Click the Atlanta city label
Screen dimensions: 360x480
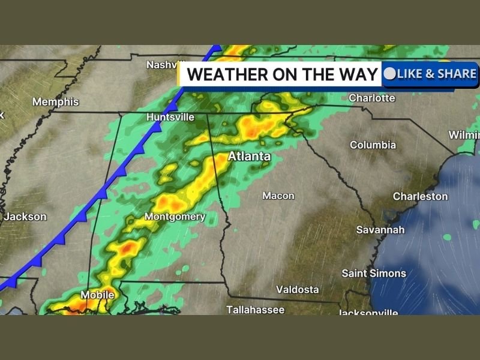(248, 157)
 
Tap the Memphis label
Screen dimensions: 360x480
(56, 102)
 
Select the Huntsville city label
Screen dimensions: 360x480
(170, 118)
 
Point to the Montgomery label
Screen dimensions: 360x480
(175, 217)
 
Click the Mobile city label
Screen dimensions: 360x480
(97, 295)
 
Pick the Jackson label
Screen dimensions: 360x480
(25, 217)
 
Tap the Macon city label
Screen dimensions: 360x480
(278, 196)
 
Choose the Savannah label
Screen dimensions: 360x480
(380, 230)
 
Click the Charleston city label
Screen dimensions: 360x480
(420, 196)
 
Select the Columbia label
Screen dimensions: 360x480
(373, 145)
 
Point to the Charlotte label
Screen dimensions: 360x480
(372, 98)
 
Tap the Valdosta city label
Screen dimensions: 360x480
(297, 290)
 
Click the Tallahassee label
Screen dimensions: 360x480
(255, 310)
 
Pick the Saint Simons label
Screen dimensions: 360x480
(374, 274)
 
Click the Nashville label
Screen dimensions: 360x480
(164, 64)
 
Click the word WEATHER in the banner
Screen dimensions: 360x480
(223, 75)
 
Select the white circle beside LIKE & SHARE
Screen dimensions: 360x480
(390, 74)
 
